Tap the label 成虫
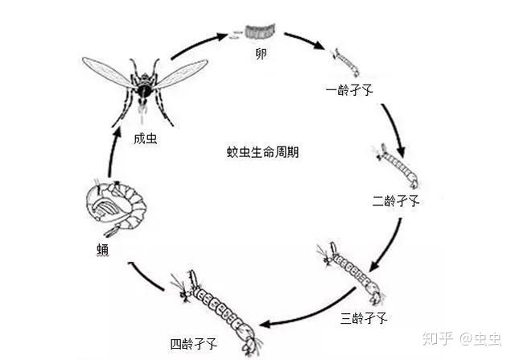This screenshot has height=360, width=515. [145, 137]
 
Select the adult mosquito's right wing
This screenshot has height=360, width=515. [181, 72]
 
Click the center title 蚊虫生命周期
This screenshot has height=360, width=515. [263, 151]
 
